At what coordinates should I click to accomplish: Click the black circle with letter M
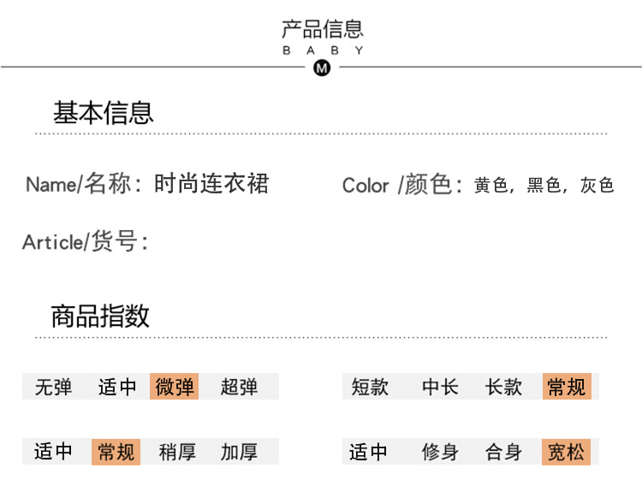[x=322, y=68]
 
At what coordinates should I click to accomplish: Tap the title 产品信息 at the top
[x=323, y=29]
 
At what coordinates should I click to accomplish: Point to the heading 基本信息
[x=104, y=113]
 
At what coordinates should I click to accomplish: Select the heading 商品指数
[x=100, y=316]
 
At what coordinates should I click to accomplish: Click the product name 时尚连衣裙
[x=211, y=183]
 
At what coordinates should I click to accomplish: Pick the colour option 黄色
[x=491, y=185]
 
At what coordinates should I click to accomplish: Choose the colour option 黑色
[x=544, y=185]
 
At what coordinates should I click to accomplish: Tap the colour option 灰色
[x=597, y=185]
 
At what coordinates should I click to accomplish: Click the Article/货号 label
[x=85, y=241]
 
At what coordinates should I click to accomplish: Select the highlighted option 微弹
[x=174, y=386]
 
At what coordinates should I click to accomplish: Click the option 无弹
[x=53, y=387]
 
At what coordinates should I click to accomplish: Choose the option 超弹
[x=239, y=387]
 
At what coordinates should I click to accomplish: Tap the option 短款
[x=370, y=387]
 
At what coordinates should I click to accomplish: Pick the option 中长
[x=440, y=387]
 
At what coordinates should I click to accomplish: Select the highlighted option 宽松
[x=567, y=452]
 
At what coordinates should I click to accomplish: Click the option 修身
[x=440, y=453]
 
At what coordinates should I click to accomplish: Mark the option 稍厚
[x=177, y=453]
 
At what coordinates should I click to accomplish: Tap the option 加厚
[x=239, y=453]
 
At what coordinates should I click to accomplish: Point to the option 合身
[x=503, y=453]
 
